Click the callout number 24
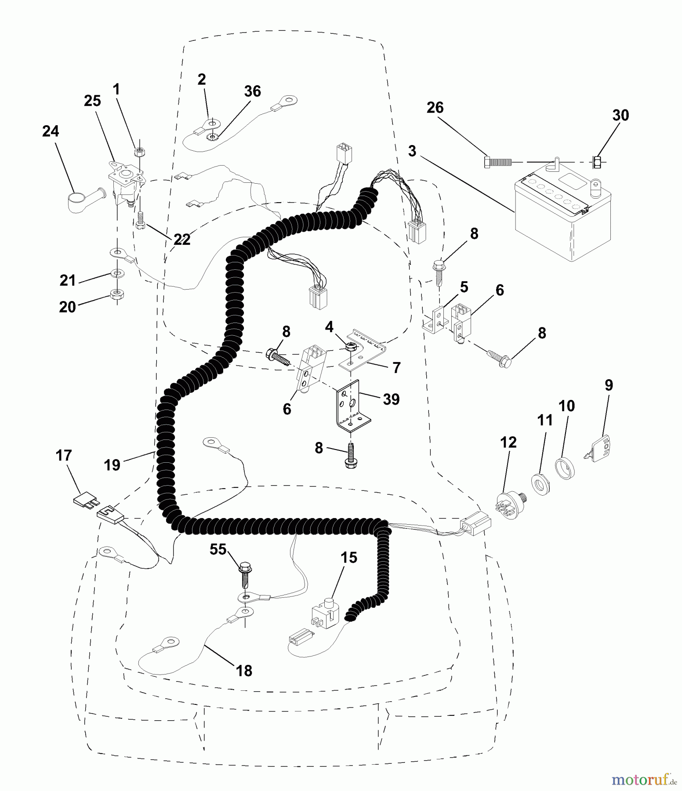pos(51,131)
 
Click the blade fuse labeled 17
pos(83,501)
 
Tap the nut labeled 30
pos(597,162)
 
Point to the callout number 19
pos(112,464)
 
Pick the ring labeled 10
pos(566,468)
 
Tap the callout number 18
pos(244,671)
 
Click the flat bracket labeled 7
pos(363,352)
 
